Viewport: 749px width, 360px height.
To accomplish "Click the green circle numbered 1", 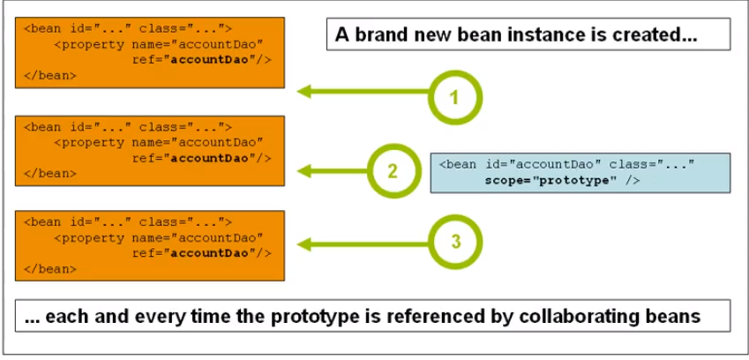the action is (455, 97).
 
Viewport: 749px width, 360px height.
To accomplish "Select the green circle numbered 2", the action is (393, 170).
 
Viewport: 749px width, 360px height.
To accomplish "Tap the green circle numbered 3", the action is (455, 242).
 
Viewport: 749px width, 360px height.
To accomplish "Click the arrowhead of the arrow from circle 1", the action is (304, 91).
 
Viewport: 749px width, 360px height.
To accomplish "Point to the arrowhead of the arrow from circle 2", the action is (304, 170).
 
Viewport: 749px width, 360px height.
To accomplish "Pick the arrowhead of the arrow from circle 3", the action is (304, 244).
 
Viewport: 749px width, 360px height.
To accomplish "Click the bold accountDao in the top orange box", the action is (210, 60).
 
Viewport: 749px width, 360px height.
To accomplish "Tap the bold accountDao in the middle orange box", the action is (210, 159).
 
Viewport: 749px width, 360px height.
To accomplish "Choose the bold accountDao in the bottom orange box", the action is (210, 253).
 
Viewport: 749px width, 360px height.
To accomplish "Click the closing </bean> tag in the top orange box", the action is (49, 75).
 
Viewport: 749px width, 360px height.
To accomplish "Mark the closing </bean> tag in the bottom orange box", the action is (49, 269).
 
